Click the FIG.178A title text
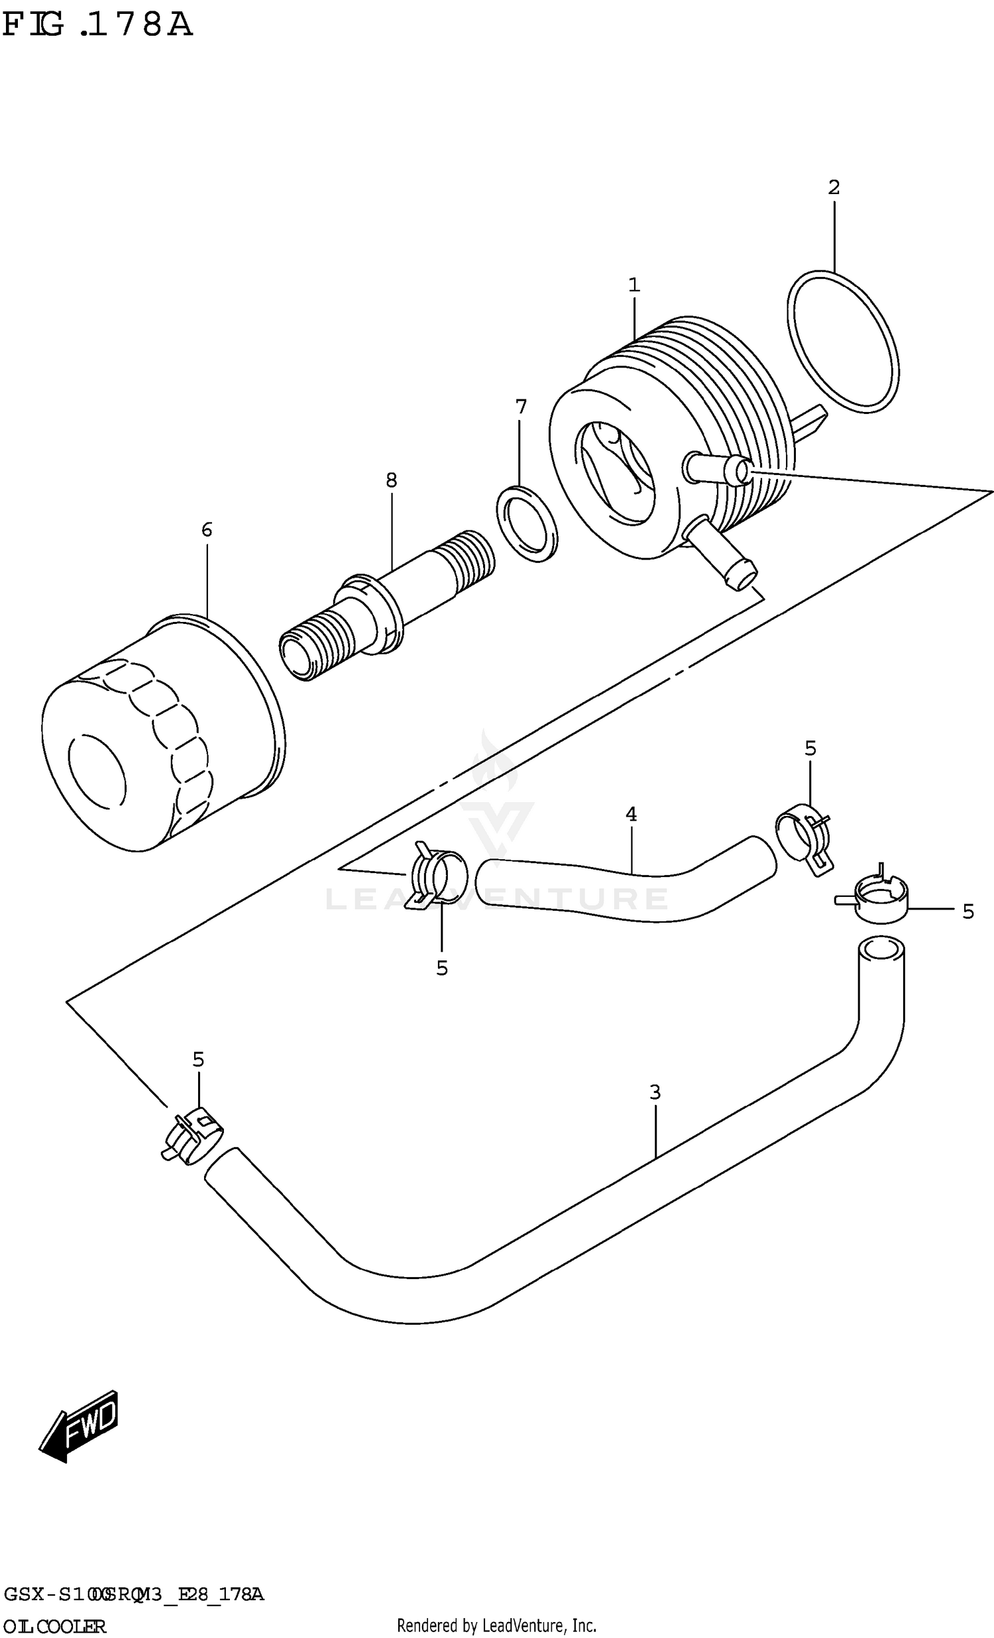[97, 25]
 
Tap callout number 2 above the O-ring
[834, 187]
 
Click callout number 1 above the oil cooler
[634, 285]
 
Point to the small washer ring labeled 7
[527, 524]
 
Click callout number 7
[521, 407]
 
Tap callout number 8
[391, 480]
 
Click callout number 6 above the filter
[207, 530]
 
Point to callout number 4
[631, 813]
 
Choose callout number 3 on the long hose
[655, 1092]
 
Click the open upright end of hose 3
[881, 948]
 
